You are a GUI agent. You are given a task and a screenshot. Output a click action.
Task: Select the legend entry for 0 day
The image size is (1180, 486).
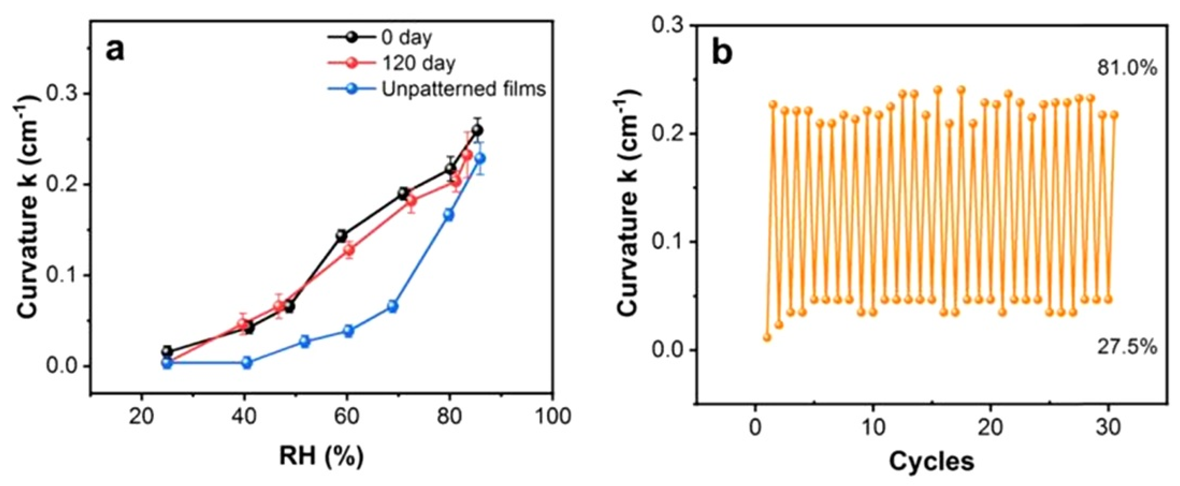click(406, 38)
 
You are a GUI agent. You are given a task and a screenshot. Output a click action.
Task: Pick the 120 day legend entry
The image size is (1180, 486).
click(417, 63)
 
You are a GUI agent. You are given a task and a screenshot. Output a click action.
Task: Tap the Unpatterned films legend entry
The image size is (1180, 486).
click(463, 89)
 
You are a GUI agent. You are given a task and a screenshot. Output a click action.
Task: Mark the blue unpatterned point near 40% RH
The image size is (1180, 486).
click(247, 362)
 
